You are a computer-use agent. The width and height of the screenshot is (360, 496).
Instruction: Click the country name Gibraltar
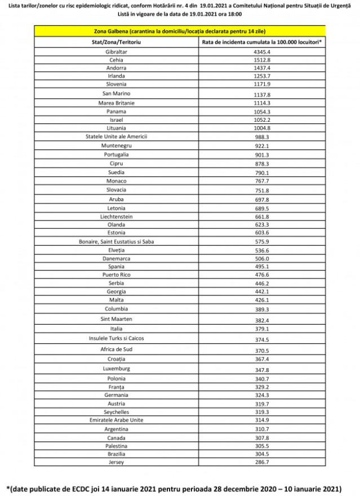(x=117, y=52)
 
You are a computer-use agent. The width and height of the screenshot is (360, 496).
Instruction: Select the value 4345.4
(x=263, y=52)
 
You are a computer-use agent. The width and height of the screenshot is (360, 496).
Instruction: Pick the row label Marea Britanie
(x=117, y=103)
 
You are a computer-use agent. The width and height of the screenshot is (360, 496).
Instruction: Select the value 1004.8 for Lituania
(x=263, y=128)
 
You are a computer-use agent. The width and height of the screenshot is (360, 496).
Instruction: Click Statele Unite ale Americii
(x=117, y=136)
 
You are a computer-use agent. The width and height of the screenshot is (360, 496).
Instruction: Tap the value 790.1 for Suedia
(x=263, y=172)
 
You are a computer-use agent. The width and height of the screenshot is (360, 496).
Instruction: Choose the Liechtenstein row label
(x=117, y=216)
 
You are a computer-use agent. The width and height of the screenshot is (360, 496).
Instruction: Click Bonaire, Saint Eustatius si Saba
(x=117, y=241)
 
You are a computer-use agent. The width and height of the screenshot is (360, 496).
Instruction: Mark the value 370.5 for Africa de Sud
(x=263, y=350)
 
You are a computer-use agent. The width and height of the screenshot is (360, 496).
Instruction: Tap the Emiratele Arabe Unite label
(x=117, y=420)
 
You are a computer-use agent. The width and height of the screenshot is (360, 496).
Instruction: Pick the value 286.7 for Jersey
(x=263, y=462)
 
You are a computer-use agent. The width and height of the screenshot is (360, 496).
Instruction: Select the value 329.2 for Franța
(x=263, y=387)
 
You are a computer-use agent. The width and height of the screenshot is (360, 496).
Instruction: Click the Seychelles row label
(x=117, y=412)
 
